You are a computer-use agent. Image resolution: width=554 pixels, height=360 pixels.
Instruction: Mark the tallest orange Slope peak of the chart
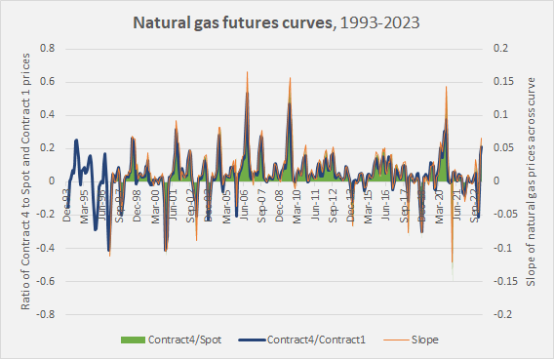coord(247,72)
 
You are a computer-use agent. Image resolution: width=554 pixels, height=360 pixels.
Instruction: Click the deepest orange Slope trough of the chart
coord(452,279)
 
